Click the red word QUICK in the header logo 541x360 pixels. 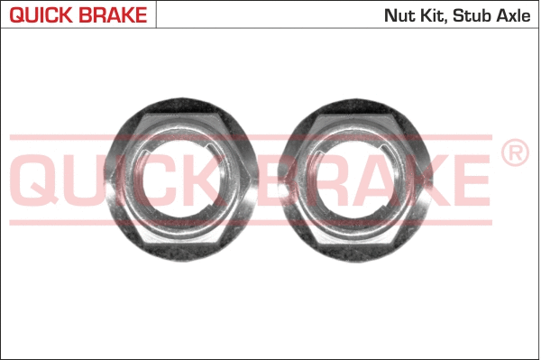click(41, 14)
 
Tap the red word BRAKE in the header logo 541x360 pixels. click(114, 14)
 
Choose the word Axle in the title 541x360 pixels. click(513, 15)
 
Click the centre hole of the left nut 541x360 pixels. click(181, 180)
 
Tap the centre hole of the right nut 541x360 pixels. click(355, 180)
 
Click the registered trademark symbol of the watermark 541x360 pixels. click(515, 152)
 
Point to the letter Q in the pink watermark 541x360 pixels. click(37, 180)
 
